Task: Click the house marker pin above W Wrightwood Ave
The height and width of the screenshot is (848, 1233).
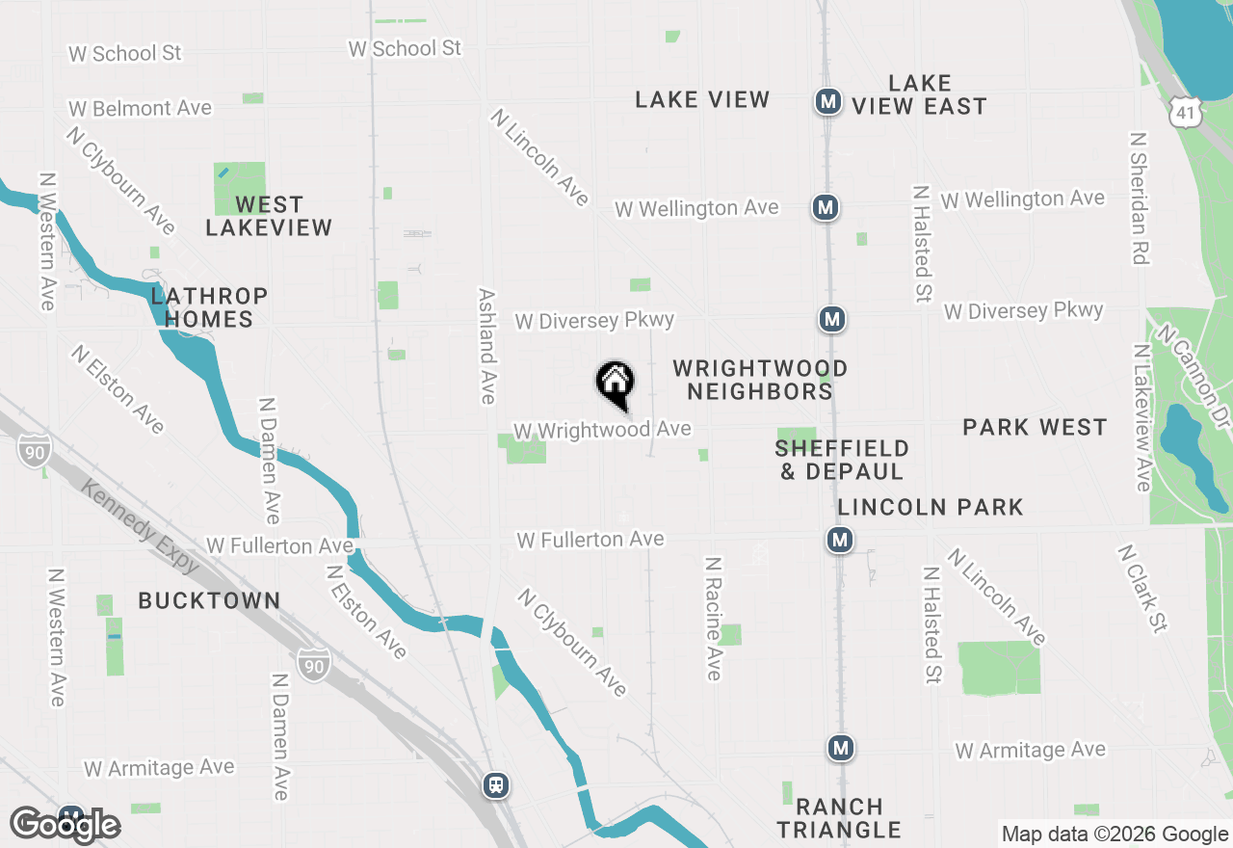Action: click(615, 383)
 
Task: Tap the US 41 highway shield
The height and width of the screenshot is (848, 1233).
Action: click(1183, 114)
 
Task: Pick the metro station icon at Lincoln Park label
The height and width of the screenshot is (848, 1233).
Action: click(840, 540)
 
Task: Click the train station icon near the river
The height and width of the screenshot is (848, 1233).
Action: click(496, 784)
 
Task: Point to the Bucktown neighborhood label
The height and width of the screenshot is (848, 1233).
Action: click(209, 600)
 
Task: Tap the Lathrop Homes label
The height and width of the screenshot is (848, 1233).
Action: click(208, 307)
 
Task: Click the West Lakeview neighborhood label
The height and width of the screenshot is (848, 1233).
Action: click(269, 216)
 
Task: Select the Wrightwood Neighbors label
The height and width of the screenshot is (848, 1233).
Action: click(760, 380)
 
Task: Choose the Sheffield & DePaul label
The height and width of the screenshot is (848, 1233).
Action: click(842, 460)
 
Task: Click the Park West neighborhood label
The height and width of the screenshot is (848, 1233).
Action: click(1035, 427)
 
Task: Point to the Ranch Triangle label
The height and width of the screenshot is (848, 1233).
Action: click(839, 818)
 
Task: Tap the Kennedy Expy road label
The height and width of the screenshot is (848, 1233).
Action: click(140, 527)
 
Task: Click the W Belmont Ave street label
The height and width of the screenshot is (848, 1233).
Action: click(140, 108)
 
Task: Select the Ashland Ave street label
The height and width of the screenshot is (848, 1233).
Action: click(487, 346)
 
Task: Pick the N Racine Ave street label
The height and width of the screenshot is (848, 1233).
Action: click(713, 618)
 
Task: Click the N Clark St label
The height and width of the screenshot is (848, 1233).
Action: click(1142, 589)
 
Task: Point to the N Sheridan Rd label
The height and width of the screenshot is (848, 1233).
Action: click(1141, 199)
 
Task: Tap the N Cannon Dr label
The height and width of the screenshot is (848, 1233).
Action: click(1194, 377)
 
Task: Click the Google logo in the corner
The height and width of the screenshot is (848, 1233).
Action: click(66, 825)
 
